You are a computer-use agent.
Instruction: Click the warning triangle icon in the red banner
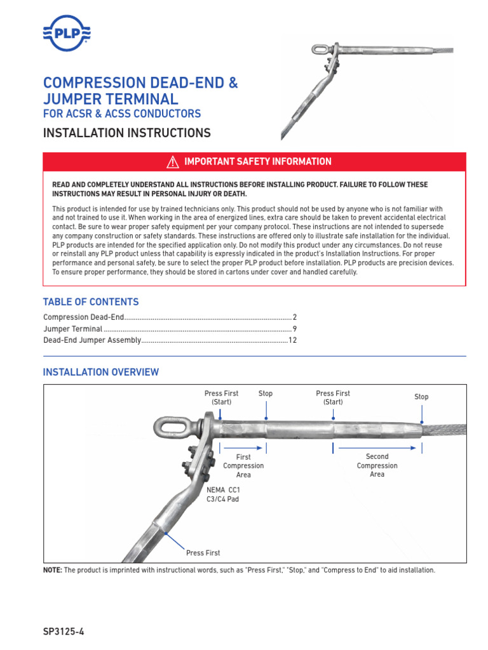tap(172, 162)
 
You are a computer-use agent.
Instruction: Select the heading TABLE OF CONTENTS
tap(90, 302)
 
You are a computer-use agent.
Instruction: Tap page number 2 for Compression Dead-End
tap(295, 317)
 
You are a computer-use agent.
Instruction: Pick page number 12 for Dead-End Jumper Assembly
tap(293, 341)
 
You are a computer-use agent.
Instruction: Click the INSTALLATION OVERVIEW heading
tap(100, 372)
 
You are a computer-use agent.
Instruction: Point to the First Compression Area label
tap(243, 466)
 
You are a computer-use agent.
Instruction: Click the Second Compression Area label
tap(377, 465)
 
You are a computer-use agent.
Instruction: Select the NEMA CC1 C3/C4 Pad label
tap(223, 494)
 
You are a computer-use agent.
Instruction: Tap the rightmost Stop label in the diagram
tap(421, 397)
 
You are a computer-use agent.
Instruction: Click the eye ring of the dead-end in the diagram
tap(168, 428)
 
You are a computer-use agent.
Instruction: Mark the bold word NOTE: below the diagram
tap(53, 570)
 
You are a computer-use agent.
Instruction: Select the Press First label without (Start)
tap(203, 553)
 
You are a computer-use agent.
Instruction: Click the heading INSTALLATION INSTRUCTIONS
tap(126, 133)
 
